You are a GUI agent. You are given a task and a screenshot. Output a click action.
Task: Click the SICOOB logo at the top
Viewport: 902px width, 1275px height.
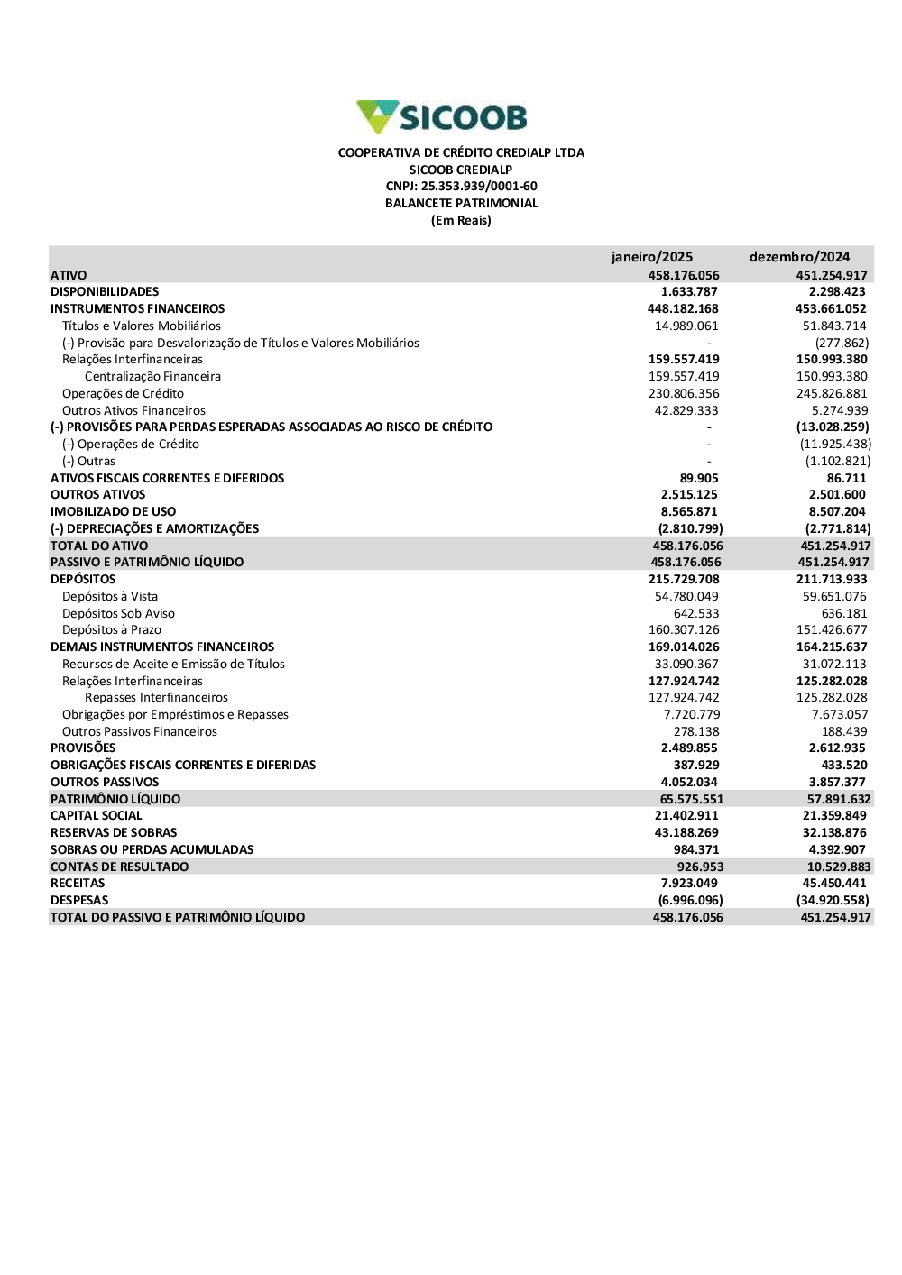(442, 117)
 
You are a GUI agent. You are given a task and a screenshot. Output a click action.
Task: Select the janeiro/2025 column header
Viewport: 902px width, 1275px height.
(651, 257)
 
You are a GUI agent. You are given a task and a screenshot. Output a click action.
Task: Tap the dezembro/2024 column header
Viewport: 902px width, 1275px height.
(799, 257)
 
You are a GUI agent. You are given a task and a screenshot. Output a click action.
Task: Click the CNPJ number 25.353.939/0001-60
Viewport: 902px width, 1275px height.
(461, 187)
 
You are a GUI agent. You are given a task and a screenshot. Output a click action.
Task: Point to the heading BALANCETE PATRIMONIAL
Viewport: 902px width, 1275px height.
(461, 204)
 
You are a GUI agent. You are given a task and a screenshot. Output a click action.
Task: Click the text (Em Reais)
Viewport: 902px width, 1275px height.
(461, 221)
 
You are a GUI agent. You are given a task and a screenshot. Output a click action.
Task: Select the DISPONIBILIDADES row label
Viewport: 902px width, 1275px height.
(105, 292)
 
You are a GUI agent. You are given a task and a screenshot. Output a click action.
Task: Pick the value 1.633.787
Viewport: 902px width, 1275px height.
(689, 292)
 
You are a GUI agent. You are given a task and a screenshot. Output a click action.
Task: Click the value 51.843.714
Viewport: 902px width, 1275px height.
(834, 326)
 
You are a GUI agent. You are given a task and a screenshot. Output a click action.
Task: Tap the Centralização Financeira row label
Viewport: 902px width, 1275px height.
(152, 377)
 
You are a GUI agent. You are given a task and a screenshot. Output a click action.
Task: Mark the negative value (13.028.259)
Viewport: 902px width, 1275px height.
(833, 427)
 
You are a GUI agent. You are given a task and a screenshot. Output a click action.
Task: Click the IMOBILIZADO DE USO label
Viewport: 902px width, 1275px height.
(113, 512)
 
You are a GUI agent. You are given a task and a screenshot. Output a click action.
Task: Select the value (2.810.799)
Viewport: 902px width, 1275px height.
(690, 529)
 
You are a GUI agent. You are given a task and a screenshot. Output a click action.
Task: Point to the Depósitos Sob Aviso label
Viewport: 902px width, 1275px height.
(118, 614)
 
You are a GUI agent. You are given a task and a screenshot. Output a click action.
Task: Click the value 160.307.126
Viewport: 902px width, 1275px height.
(684, 630)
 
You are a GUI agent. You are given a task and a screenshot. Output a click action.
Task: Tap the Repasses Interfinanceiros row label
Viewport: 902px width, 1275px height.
(156, 698)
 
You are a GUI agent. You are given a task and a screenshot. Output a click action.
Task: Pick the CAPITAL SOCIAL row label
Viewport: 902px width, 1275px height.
(97, 816)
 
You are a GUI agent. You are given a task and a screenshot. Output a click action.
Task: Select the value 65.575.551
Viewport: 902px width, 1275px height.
(691, 800)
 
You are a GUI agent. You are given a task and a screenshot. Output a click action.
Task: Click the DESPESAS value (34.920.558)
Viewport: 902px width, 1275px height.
(833, 901)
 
